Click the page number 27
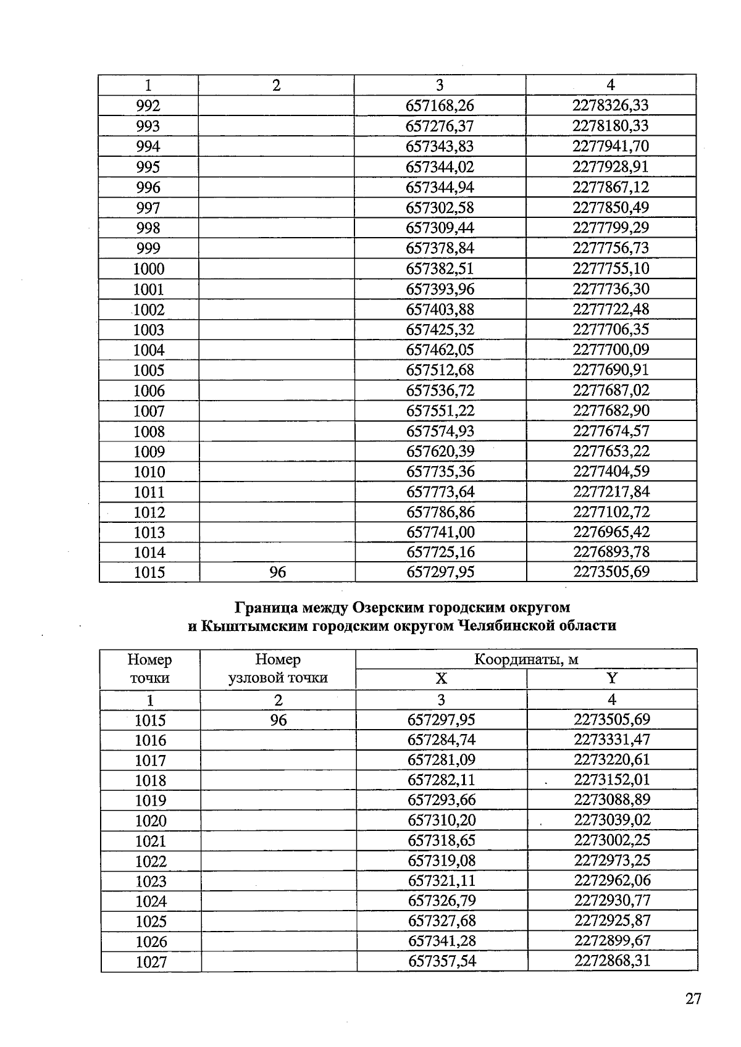click(x=693, y=999)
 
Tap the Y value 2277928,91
click(x=610, y=167)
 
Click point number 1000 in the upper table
click(x=149, y=269)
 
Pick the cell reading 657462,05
click(x=440, y=350)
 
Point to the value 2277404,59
click(x=611, y=472)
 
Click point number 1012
click(x=149, y=512)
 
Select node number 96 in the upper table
click(x=277, y=572)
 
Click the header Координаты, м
click(x=526, y=659)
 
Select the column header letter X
click(x=441, y=679)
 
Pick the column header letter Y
click(x=611, y=679)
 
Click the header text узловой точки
click(x=278, y=678)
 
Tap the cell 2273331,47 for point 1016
click(x=611, y=740)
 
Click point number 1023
click(x=151, y=881)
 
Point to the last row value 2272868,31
click(x=612, y=961)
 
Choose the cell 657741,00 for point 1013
click(x=440, y=532)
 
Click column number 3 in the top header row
click(x=440, y=85)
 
